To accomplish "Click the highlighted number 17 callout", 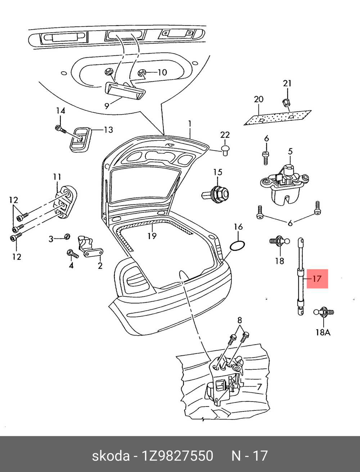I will pos(317,279).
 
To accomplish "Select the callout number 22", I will pos(225,135).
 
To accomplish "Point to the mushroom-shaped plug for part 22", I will pos(225,149).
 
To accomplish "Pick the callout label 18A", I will pos(323,332).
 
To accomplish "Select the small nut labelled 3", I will pos(67,237).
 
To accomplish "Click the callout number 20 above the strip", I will pos(258,99).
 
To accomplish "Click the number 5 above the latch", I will pos(290,152).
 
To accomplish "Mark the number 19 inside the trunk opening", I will pos(152,236).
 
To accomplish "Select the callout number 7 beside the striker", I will pos(259,387).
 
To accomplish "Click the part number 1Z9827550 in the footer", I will pos(177,456).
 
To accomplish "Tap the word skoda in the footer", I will pos(111,456).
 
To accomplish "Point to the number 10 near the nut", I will pos(162,72).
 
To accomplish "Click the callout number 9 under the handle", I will pos(107,106).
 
